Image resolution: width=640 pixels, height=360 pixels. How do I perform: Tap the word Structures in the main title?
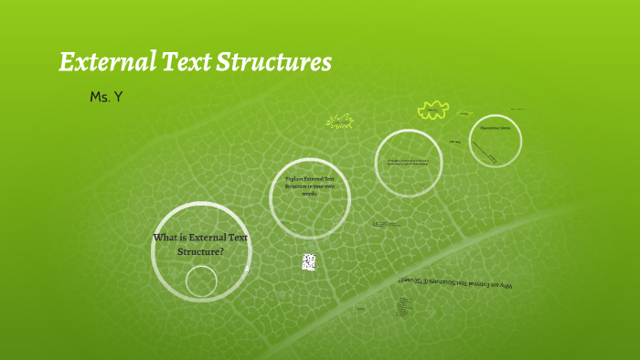point(275,62)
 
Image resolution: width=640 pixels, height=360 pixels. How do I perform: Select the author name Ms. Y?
point(106,96)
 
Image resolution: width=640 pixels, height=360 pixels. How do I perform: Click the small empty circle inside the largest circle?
point(201,281)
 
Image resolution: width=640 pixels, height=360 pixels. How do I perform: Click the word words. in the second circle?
point(310,194)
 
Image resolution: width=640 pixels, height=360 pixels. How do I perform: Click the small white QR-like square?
point(309,262)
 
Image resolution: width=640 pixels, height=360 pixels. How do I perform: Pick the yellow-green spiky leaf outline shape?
point(340,121)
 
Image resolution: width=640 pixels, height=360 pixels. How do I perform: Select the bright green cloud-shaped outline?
point(431,111)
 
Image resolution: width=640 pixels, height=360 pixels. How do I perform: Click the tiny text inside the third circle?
point(409,164)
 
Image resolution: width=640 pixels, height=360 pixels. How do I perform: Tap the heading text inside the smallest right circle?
point(495,129)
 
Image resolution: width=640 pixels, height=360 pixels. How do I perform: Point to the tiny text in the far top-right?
point(518,109)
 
